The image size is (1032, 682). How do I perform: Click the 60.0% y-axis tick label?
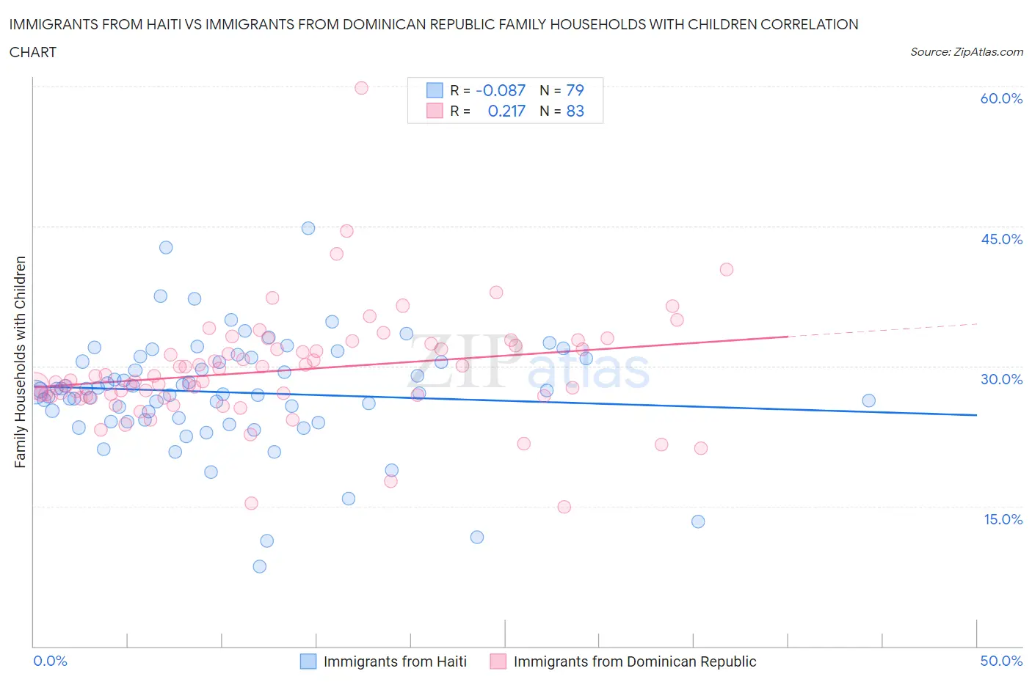1001,98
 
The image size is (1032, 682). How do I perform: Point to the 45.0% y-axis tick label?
1001,239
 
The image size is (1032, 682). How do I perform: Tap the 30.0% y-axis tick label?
1001,379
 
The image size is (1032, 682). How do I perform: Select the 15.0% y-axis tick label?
1001,519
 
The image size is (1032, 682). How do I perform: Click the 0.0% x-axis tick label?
50,661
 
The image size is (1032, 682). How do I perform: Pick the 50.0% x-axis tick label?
1001,661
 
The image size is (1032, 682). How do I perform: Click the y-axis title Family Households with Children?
20,362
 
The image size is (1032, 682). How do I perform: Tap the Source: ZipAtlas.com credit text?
966,52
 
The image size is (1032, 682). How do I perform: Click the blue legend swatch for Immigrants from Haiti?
308,661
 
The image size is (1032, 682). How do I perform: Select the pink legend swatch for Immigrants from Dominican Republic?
498,661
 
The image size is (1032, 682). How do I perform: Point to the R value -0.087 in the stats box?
501,90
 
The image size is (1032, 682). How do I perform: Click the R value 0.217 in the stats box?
506,111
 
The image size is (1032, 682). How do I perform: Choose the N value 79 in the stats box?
575,90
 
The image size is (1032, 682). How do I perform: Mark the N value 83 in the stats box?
575,111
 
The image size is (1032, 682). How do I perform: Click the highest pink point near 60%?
361,88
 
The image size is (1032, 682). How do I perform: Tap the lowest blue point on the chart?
259,566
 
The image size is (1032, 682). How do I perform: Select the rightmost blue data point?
868,400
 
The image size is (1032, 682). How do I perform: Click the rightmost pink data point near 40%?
726,269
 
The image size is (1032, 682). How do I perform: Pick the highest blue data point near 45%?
308,228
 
